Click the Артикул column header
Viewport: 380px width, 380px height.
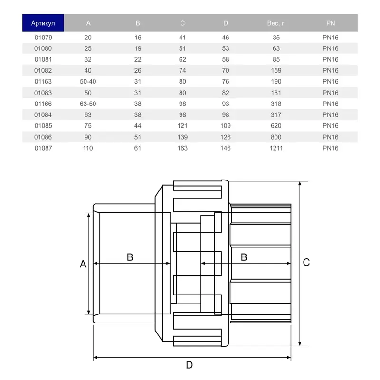coord(43,23)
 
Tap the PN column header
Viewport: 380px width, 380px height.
coord(330,23)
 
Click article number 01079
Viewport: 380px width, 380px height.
coord(43,38)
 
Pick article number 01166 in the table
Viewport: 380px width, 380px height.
coord(43,104)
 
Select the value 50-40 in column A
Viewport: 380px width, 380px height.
coord(88,82)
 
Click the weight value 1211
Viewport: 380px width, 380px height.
coord(275,148)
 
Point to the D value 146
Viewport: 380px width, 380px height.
coord(226,148)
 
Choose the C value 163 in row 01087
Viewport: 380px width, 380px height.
coord(182,148)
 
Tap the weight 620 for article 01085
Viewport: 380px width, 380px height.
coord(275,126)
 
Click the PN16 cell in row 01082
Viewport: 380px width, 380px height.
coord(330,70)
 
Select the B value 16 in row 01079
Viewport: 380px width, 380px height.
coord(138,38)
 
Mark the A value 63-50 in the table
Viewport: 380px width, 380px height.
coord(88,104)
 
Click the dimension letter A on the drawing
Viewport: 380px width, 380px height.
coord(83,264)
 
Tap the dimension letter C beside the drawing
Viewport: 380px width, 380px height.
coord(306,262)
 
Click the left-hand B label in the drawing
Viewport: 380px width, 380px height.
coord(130,257)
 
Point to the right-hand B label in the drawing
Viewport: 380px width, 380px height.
coord(244,257)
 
